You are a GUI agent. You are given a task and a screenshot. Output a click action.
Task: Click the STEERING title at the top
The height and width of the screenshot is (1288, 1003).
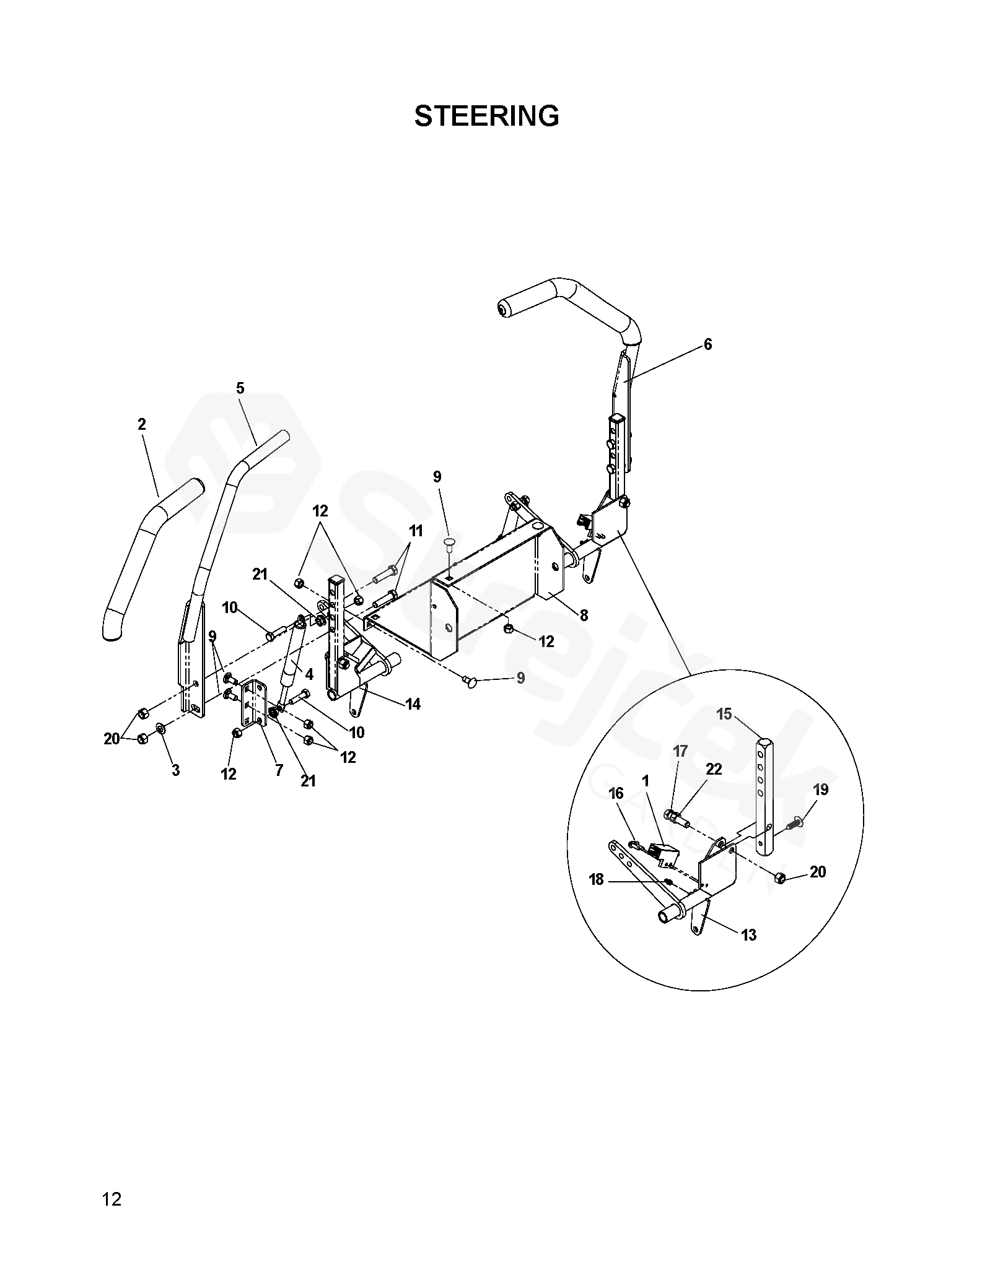486,116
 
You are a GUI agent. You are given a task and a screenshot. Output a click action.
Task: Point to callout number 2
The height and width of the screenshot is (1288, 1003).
142,424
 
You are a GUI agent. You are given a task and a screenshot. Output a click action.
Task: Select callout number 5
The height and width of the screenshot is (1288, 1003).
240,388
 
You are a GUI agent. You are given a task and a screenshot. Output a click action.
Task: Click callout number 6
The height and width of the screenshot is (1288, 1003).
708,344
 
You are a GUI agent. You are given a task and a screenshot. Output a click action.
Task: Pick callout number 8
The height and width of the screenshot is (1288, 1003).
584,616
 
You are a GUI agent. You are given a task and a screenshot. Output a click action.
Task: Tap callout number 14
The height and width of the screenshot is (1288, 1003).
413,704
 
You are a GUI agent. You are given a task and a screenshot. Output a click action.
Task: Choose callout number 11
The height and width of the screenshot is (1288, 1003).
415,531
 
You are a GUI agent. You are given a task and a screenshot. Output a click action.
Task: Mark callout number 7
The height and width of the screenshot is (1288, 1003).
279,770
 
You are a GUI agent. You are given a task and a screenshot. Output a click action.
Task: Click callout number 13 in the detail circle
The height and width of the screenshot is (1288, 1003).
748,935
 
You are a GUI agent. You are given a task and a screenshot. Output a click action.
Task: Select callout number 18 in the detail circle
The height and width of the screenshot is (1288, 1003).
596,879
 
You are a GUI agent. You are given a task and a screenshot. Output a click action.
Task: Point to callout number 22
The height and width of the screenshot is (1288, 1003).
714,769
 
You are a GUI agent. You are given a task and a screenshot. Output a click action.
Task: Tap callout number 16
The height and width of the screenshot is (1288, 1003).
616,794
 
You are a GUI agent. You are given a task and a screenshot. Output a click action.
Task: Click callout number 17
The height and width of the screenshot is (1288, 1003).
680,751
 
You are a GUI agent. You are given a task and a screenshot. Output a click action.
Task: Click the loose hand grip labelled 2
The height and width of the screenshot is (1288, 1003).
151,563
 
